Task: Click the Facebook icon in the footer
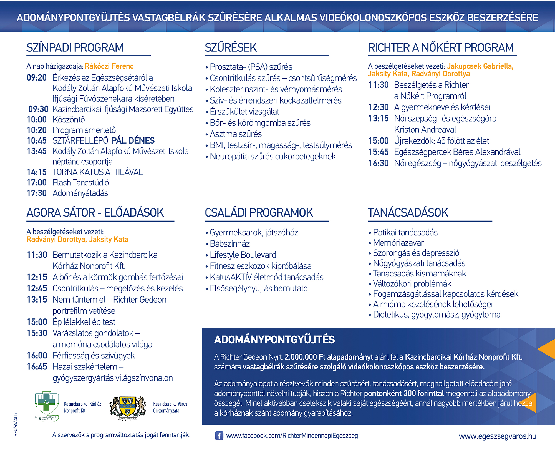(x=219, y=435)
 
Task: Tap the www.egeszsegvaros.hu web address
(x=497, y=436)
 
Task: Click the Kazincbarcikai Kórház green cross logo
(x=47, y=406)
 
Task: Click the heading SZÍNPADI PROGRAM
(x=75, y=48)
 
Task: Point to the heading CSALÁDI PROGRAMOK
(x=259, y=213)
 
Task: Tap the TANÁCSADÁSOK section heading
(x=408, y=213)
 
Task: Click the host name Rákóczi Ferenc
(x=109, y=66)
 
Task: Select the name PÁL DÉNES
(x=133, y=140)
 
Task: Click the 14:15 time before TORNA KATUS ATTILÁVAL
(x=37, y=172)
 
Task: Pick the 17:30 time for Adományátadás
(x=37, y=193)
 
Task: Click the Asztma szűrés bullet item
(x=236, y=134)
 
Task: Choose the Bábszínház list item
(x=230, y=244)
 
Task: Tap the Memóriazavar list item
(x=398, y=243)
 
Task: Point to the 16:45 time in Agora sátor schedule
(x=37, y=367)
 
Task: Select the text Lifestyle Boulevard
(x=243, y=255)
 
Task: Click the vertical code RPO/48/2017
(x=15, y=424)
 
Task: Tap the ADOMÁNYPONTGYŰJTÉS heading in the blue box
(x=274, y=340)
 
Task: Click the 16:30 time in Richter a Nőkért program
(x=379, y=163)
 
